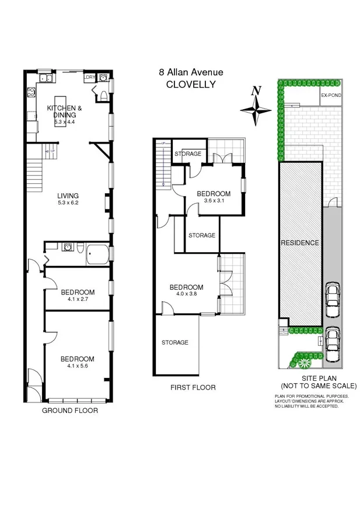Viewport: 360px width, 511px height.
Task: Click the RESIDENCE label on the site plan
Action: pyautogui.click(x=299, y=243)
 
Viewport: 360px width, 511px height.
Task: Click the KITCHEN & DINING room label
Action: pyautogui.click(x=64, y=112)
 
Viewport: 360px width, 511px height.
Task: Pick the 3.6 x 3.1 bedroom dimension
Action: pyautogui.click(x=213, y=201)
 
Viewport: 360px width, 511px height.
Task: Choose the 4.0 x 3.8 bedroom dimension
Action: pyautogui.click(x=186, y=295)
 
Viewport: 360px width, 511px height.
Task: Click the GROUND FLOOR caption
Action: pyautogui.click(x=69, y=411)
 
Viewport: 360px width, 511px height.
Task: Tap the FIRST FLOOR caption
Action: pyautogui.click(x=193, y=387)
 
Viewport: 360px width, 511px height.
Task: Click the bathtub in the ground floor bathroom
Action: pyautogui.click(x=97, y=254)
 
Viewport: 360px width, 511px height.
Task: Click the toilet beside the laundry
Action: pyautogui.click(x=103, y=96)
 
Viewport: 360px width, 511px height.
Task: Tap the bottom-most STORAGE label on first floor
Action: pyautogui.click(x=175, y=342)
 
